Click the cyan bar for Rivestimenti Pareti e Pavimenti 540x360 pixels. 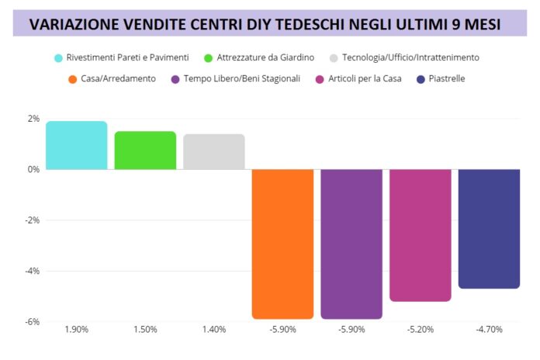tap(77, 145)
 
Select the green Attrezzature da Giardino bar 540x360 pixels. tap(145, 150)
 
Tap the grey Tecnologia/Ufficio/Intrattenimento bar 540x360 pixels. tap(214, 151)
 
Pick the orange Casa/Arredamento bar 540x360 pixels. tap(282, 244)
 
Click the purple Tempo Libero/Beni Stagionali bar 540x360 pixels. tap(351, 244)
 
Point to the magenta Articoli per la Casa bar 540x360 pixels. tap(420, 234)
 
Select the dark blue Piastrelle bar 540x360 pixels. tap(489, 228)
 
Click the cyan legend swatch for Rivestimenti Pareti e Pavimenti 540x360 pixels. tap(59, 57)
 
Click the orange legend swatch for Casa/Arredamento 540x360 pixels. tap(73, 78)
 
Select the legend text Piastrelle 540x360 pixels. tap(447, 78)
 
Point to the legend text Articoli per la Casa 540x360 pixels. tap(365, 78)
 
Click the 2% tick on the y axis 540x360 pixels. tap(33, 119)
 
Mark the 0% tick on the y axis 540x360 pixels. tap(33, 169)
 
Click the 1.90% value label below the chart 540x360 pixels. tap(77, 330)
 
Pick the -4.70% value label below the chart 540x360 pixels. tap(489, 330)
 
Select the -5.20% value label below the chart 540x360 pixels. tap(420, 330)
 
